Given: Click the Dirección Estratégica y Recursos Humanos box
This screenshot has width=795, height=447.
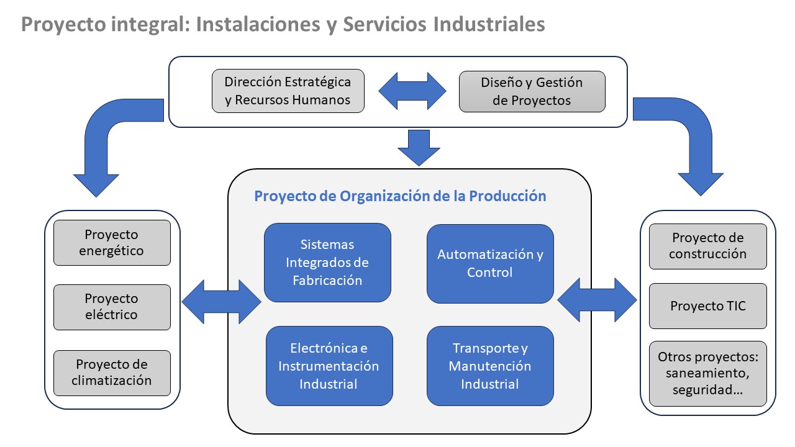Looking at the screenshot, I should pyautogui.click(x=288, y=91).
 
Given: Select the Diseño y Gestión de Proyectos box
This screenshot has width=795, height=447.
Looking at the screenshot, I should pyautogui.click(x=532, y=91).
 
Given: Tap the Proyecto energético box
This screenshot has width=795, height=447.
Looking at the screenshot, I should pyautogui.click(x=112, y=243).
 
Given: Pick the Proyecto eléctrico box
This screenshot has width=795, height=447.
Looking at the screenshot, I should pyautogui.click(x=112, y=307).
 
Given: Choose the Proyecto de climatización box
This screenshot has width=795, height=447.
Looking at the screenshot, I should pyautogui.click(x=112, y=372).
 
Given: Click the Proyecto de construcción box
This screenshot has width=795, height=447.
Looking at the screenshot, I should pyautogui.click(x=707, y=246).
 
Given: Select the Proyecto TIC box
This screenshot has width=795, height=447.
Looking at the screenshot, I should pyautogui.click(x=707, y=306).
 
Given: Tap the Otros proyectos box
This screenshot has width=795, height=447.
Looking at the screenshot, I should pyautogui.click(x=707, y=374).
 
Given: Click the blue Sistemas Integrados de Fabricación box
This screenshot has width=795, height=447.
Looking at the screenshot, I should pyautogui.click(x=327, y=263).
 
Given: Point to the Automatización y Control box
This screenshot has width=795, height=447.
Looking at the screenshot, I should pyautogui.click(x=490, y=263).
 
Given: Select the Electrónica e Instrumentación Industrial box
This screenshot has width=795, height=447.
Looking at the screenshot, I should pyautogui.click(x=329, y=366).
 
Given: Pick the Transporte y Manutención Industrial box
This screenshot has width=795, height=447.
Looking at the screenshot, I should pyautogui.click(x=490, y=366).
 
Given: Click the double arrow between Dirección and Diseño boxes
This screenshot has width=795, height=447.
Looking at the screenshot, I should pyautogui.click(x=412, y=91).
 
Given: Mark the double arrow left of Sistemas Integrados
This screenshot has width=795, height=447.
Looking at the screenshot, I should pyautogui.click(x=222, y=302).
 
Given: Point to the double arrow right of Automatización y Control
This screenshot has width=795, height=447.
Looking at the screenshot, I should pyautogui.click(x=597, y=300).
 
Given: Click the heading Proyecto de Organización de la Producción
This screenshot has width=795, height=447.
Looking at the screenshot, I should pyautogui.click(x=400, y=196).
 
